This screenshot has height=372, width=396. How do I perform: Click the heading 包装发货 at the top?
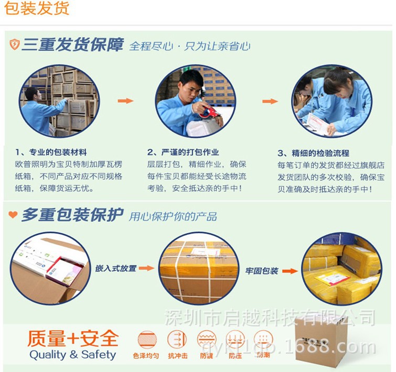click(37, 9)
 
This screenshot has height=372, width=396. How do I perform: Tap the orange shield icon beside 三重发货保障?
click(14, 45)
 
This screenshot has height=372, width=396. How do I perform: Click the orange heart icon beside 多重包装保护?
click(13, 215)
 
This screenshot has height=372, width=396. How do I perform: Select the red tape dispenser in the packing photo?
click(209, 112)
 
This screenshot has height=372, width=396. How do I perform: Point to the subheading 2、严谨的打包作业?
click(183, 152)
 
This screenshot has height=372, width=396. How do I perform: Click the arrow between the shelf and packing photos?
click(125, 101)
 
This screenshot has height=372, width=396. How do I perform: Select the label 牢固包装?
click(262, 271)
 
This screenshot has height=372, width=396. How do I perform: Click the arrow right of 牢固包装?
click(290, 271)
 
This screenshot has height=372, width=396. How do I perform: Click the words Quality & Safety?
click(72, 355)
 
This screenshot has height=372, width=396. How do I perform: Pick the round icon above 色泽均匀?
click(147, 339)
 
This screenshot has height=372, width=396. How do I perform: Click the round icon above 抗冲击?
click(177, 339)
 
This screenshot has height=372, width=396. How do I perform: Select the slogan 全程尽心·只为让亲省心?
click(189, 46)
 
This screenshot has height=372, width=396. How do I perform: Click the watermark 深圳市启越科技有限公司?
click(270, 318)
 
